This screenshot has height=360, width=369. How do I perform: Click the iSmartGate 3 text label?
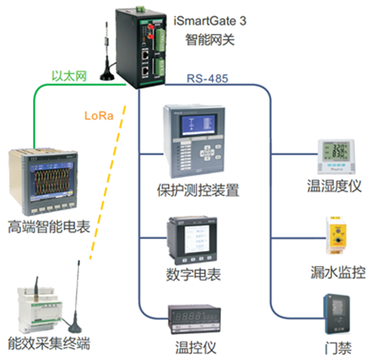click(210, 21)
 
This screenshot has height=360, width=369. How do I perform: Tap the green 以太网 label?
click(69, 75)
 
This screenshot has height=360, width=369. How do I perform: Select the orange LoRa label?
click(99, 116)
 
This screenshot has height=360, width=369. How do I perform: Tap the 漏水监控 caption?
click(338, 272)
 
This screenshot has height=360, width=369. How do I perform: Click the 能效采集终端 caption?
click(49, 343)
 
